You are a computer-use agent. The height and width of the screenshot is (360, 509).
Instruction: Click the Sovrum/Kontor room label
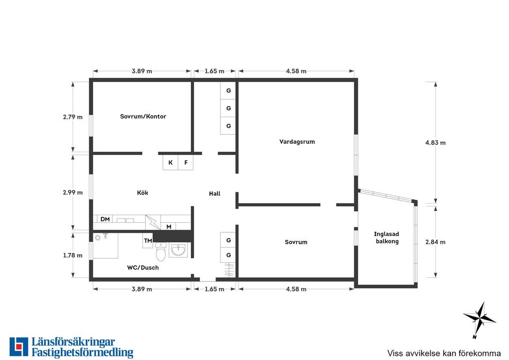143,116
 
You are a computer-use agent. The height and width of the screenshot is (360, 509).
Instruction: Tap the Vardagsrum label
297,142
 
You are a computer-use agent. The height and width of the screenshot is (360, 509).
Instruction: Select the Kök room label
143,192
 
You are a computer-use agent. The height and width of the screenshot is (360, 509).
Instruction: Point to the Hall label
215,194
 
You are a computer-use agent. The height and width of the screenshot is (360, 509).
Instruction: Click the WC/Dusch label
143,268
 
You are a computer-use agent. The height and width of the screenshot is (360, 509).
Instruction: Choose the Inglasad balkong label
387,238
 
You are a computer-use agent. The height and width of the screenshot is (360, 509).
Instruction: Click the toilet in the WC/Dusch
161,252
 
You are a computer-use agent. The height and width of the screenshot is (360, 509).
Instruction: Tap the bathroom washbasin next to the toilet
178,250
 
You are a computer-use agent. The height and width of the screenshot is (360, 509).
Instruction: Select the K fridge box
170,162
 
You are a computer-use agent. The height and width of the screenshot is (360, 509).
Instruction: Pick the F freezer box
186,162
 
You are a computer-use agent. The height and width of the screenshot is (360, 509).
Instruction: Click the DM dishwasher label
105,219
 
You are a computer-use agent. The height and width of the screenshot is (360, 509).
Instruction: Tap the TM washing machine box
148,241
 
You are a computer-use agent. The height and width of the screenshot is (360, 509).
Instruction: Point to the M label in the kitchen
169,226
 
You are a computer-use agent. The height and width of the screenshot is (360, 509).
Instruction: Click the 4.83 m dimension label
435,143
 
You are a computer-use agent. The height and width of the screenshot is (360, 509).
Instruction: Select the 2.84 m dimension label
435,242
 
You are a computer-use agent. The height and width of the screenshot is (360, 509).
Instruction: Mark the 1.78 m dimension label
73,255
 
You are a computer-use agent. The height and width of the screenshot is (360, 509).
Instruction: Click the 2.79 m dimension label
73,117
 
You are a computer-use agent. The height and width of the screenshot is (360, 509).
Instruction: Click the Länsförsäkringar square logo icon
19,346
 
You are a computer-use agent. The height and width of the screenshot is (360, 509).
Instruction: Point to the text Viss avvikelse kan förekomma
444,353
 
